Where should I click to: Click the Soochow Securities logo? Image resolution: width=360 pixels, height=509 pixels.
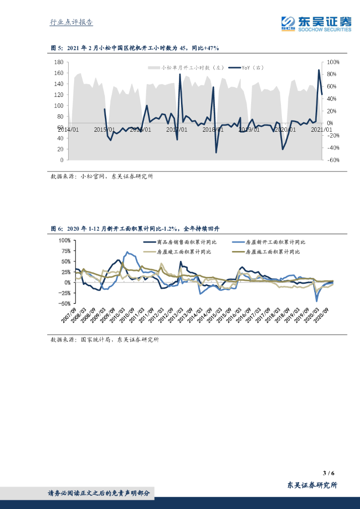point(316,23)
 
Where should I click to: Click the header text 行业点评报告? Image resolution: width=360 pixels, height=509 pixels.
point(72,22)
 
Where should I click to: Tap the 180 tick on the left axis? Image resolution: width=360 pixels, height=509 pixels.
point(58,62)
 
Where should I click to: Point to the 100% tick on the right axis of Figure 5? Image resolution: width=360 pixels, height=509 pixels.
point(333,62)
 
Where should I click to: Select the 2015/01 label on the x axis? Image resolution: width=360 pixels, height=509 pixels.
point(104,129)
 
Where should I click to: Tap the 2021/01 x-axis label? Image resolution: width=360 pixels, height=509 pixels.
point(321,129)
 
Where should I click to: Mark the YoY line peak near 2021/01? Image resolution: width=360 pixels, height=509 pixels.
point(319,70)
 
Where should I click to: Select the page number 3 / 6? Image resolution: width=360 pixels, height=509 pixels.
point(328,473)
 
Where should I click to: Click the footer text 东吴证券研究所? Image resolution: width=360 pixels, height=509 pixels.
point(312,486)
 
